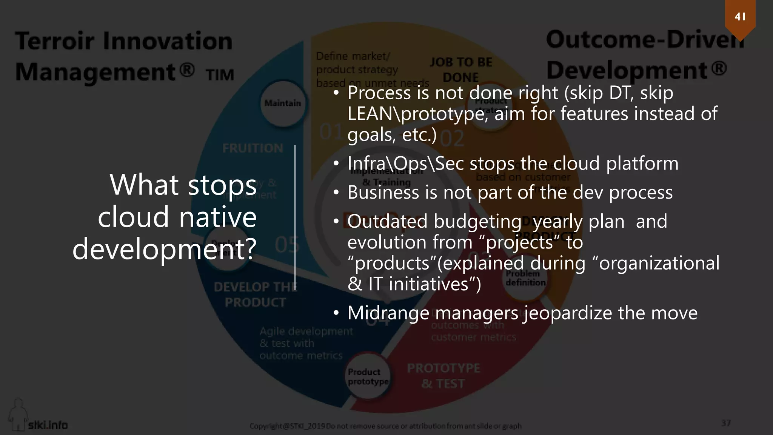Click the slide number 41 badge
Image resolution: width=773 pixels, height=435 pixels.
click(740, 17)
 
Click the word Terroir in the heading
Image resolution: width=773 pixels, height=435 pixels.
click(55, 41)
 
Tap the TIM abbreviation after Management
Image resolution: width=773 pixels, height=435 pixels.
click(220, 75)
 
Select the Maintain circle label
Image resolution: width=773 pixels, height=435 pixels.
click(282, 103)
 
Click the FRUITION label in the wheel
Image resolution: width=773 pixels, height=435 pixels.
click(253, 148)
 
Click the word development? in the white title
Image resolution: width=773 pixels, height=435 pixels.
click(165, 249)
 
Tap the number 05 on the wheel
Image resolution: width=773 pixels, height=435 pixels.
click(287, 245)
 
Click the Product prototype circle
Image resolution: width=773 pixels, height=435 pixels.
click(368, 377)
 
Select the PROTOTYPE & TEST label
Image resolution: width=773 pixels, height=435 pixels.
click(443, 376)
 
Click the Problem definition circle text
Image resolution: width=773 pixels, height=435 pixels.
click(525, 278)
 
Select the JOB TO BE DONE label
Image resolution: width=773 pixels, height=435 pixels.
click(461, 70)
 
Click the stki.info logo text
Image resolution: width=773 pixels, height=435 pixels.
click(48, 425)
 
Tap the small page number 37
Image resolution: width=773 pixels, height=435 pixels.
click(726, 423)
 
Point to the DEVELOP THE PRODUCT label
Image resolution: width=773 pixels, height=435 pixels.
click(255, 295)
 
